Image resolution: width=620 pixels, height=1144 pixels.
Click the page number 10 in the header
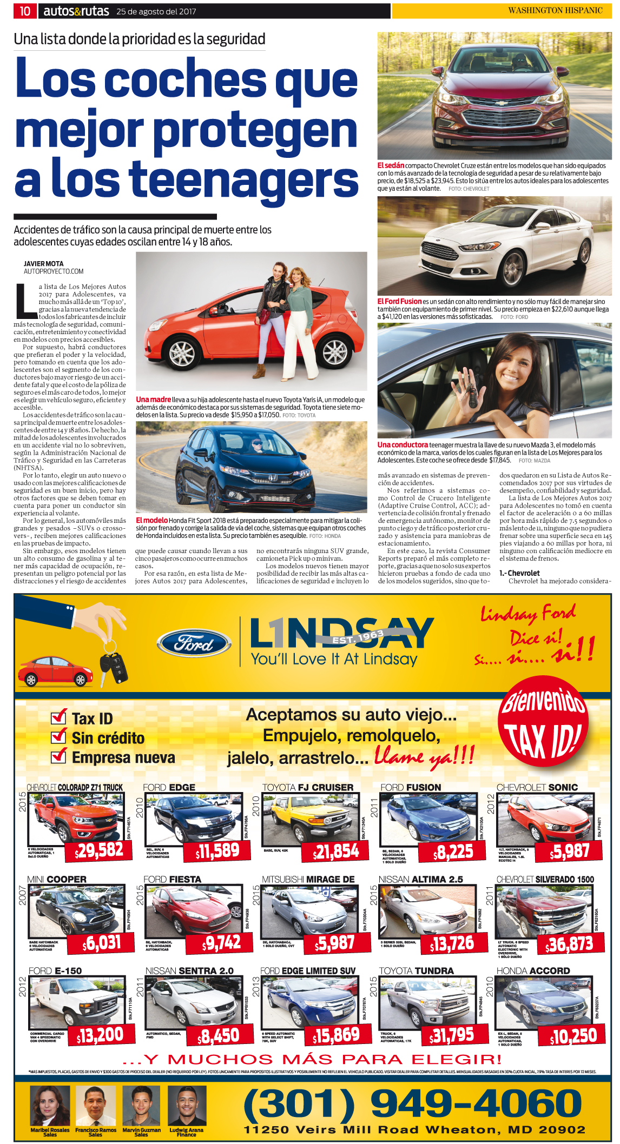[25, 11]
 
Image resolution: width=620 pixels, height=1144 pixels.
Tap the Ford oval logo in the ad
[194, 644]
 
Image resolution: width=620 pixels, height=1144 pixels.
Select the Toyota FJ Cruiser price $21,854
[336, 852]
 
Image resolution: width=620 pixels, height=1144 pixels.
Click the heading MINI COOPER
[57, 880]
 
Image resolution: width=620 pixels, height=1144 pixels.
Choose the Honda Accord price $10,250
[573, 1035]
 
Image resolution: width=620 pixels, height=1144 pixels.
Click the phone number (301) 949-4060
[412, 1103]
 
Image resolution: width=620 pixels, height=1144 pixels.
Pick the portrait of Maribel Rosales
[50, 1106]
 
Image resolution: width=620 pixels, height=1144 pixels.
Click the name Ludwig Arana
[186, 1130]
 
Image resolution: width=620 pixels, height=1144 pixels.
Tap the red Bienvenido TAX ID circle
[543, 722]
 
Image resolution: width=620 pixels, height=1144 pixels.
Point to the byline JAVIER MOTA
[43, 264]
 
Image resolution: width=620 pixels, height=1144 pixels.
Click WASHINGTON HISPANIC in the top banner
[555, 10]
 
